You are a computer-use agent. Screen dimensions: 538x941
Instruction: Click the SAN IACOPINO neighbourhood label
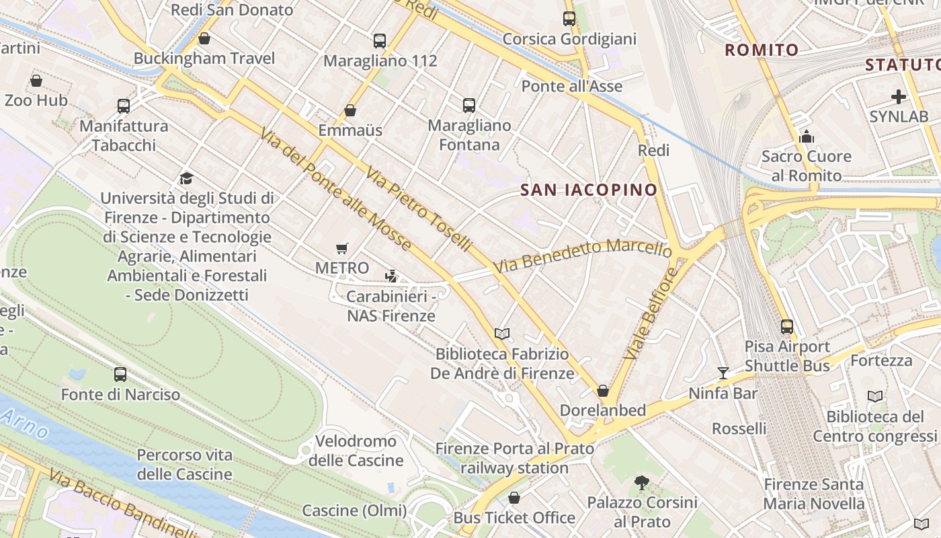click(589, 190)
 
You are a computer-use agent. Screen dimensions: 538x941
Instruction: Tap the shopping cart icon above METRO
click(342, 249)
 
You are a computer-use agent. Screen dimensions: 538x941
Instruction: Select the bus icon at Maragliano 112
click(380, 41)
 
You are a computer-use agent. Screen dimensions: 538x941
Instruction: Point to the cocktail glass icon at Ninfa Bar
click(723, 373)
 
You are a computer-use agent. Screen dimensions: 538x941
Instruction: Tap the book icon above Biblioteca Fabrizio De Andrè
click(501, 334)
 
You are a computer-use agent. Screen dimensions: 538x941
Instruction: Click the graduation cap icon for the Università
click(186, 179)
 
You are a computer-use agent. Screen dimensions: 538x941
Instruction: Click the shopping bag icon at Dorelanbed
click(603, 391)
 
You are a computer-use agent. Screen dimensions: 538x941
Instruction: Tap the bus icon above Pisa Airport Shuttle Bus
click(787, 327)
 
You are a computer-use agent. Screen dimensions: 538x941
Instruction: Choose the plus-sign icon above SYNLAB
click(899, 97)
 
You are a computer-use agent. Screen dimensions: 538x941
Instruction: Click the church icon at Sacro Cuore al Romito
click(807, 137)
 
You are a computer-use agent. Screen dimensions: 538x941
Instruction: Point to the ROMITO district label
click(762, 50)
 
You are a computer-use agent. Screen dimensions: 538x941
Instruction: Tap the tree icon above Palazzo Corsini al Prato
click(642, 483)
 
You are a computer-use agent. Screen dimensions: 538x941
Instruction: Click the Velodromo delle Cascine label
click(356, 451)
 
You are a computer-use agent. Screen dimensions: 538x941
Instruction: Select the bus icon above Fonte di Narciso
click(120, 375)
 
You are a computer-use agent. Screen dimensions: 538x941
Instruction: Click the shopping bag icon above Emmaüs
click(350, 110)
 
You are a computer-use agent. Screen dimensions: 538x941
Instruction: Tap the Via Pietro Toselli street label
click(418, 209)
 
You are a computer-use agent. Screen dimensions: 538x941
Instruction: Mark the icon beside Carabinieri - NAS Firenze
click(391, 276)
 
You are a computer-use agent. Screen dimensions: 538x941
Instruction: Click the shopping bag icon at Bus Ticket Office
click(514, 498)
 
